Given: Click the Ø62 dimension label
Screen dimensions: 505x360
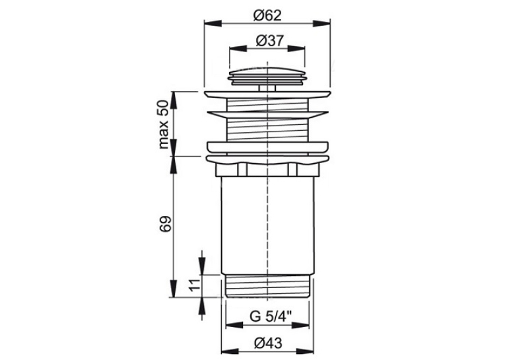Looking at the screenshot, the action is tap(267, 15).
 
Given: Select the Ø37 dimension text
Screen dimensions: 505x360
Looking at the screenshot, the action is tap(270, 40).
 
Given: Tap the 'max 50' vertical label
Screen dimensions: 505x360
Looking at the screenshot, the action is tap(164, 124).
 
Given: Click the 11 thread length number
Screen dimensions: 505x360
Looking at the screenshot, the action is tap(194, 285).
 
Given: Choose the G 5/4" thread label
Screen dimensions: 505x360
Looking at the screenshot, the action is tap(271, 316).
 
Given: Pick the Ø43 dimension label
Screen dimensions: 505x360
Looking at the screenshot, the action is tap(268, 343).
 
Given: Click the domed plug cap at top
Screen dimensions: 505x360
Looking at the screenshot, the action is tap(267, 76).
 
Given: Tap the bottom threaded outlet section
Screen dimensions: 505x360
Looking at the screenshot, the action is tap(267, 286).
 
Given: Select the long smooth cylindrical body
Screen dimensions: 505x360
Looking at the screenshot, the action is tap(267, 226).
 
